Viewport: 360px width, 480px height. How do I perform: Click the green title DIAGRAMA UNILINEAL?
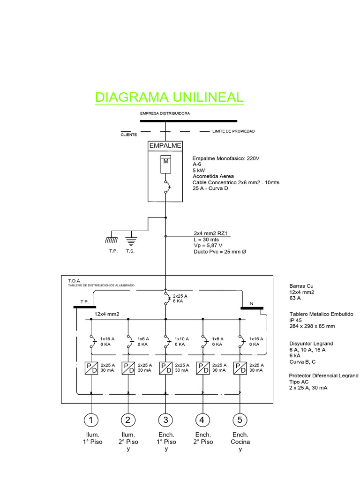tap(169, 97)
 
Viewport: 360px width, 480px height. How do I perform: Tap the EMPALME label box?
tap(165, 146)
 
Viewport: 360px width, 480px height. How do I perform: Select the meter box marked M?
tap(165, 162)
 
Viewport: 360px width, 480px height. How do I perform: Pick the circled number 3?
tap(165, 420)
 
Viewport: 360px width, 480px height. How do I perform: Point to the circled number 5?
tap(240, 420)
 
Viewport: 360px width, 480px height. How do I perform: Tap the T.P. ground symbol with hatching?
tap(111, 240)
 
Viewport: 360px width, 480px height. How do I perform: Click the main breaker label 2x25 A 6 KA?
tap(180, 299)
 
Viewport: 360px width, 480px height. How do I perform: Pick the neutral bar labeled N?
tap(252, 308)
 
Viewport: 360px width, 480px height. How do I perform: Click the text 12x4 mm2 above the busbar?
tap(107, 314)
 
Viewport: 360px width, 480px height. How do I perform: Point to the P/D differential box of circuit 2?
tap(128, 367)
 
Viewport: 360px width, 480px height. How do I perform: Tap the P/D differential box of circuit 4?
tap(202, 367)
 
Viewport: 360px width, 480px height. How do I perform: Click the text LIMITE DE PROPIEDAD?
tap(233, 131)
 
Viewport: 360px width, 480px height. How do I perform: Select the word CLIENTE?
tap(129, 135)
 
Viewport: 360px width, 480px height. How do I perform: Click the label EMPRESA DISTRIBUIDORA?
tap(165, 113)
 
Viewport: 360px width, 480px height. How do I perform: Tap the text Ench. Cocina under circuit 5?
tap(240, 438)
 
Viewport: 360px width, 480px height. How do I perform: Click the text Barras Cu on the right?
tap(301, 286)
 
